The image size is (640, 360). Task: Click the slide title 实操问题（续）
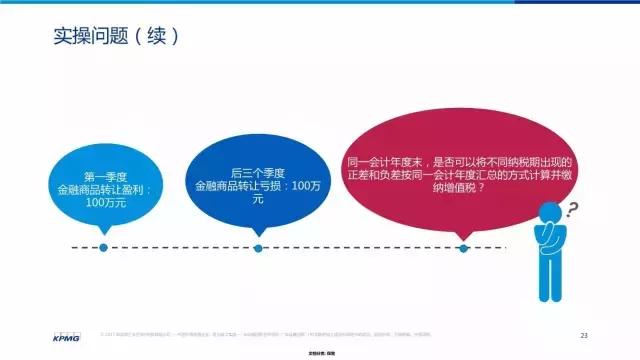click(x=116, y=37)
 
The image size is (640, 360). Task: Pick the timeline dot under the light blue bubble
click(x=103, y=248)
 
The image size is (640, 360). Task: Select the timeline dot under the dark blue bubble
click(x=258, y=248)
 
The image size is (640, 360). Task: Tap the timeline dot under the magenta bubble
click(x=463, y=248)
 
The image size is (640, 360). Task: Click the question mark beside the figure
click(x=573, y=210)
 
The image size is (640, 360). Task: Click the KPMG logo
click(x=67, y=335)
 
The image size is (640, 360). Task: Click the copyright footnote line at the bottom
click(x=330, y=333)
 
